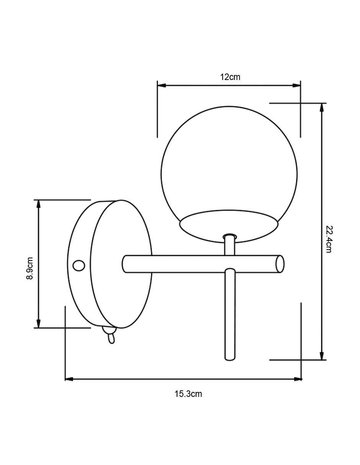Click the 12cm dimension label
tap(230, 77)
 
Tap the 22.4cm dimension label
tap(329, 239)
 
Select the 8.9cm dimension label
tap(29, 268)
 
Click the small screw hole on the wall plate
tap(79, 266)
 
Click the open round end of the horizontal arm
tap(280, 264)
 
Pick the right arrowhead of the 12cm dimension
tap(296, 85)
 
